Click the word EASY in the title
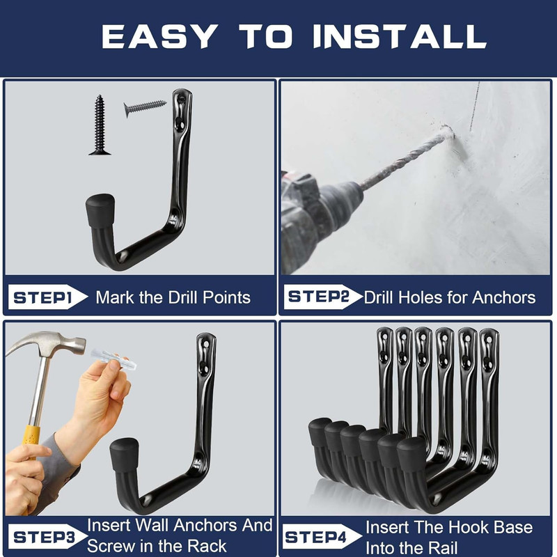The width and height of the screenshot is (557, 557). pyautogui.click(x=159, y=36)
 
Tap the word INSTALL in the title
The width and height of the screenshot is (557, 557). pyautogui.click(x=400, y=36)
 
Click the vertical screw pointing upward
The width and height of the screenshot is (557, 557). pyautogui.click(x=100, y=125)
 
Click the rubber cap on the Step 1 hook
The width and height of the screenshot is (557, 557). pyautogui.click(x=100, y=210)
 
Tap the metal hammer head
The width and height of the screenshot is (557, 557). pyautogui.click(x=46, y=344)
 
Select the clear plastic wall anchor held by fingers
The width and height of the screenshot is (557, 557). pyautogui.click(x=113, y=359)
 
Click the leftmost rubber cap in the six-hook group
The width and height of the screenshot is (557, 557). pyautogui.click(x=320, y=431)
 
